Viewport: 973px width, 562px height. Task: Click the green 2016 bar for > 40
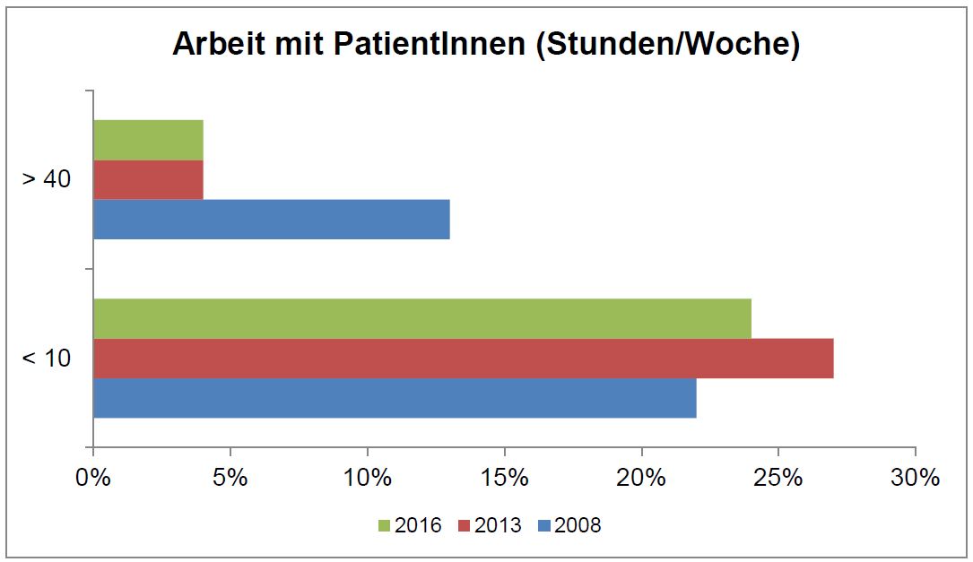(148, 140)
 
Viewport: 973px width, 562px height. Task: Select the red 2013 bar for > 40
(148, 179)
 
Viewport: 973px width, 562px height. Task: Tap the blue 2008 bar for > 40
(271, 219)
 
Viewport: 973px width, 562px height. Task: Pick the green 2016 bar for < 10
(421, 318)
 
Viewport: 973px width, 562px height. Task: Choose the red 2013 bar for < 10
(463, 359)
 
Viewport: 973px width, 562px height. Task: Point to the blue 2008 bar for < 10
(395, 398)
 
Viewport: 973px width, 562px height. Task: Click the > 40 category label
(47, 179)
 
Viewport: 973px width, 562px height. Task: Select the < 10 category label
(47, 359)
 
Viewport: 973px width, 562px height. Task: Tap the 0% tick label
(93, 478)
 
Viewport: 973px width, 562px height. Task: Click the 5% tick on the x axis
(230, 478)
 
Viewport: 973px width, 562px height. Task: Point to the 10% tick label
(367, 478)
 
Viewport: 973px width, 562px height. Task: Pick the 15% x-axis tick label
(504, 478)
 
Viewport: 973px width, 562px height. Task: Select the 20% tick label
(641, 478)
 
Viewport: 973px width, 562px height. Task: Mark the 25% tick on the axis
(778, 478)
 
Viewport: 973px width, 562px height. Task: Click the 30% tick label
(915, 478)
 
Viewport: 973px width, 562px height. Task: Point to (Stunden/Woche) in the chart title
(668, 45)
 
